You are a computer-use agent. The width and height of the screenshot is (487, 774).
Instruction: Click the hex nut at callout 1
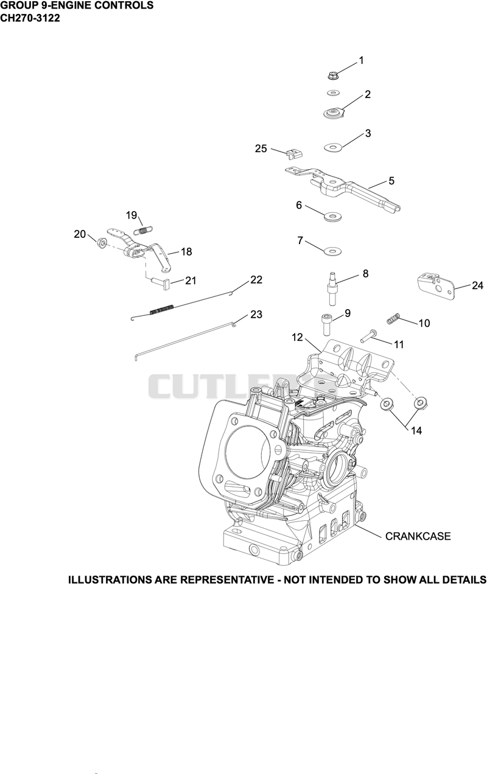click(x=332, y=75)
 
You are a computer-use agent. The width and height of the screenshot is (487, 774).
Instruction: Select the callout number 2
click(x=368, y=94)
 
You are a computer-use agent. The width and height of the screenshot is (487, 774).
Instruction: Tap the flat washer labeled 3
click(x=332, y=147)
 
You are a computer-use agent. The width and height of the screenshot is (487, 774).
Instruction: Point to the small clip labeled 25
click(x=294, y=153)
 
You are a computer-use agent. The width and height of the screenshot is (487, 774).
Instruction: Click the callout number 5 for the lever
click(x=391, y=181)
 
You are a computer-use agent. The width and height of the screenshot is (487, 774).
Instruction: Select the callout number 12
click(x=297, y=337)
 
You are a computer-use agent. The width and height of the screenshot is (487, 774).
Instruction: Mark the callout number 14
click(x=416, y=431)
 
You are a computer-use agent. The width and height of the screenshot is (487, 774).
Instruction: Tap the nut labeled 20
click(x=102, y=242)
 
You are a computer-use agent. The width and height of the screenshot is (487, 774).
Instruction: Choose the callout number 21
click(x=191, y=281)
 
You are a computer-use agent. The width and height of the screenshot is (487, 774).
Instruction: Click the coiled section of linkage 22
click(x=162, y=309)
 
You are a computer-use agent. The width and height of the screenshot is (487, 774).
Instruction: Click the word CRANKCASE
click(x=418, y=536)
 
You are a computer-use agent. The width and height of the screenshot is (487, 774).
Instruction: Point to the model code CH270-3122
click(x=30, y=18)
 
